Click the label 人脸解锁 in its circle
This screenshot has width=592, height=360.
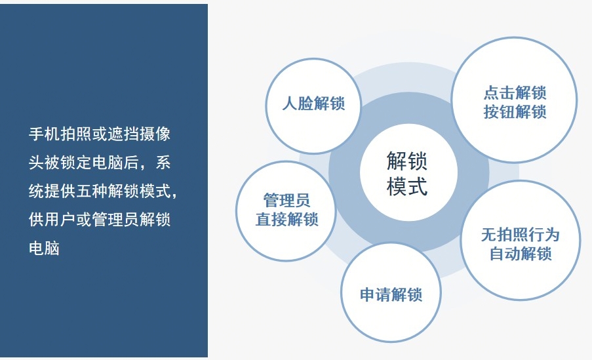313,104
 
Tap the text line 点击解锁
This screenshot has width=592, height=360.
515,92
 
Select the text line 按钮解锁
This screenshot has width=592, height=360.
515,112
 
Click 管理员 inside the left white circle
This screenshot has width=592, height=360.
286,200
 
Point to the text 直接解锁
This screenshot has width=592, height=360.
286,220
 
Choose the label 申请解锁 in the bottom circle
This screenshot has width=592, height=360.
391,294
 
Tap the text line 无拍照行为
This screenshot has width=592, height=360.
520,235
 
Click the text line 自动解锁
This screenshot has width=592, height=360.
521,254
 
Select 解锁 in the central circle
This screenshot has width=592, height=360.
407,161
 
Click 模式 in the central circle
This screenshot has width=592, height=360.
407,186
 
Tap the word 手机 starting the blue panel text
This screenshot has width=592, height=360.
44,134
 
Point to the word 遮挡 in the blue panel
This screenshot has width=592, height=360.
123,134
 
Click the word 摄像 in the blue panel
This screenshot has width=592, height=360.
155,134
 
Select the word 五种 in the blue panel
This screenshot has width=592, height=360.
92,191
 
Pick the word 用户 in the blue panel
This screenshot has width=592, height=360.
60,220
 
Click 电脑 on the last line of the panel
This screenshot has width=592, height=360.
44,248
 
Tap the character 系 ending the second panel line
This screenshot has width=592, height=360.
163,163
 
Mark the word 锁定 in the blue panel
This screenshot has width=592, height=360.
76,163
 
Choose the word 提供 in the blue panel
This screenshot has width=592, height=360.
60,191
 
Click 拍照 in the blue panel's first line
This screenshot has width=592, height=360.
76,134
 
